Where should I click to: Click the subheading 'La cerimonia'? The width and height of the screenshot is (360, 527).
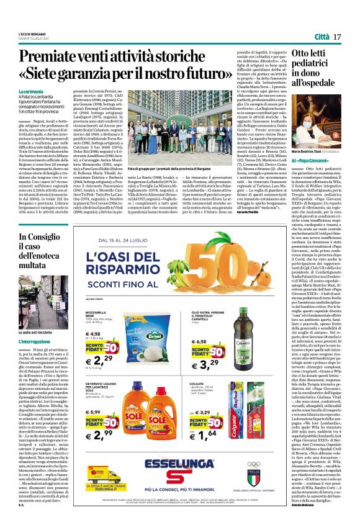pos(31,91)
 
